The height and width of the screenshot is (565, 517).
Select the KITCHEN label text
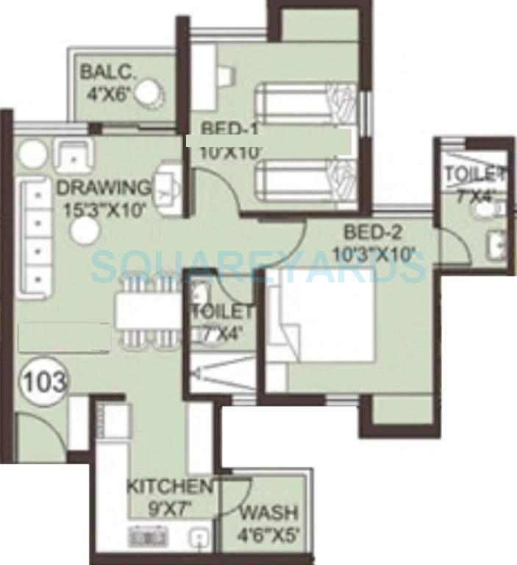click(x=169, y=486)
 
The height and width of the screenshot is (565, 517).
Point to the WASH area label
click(x=269, y=512)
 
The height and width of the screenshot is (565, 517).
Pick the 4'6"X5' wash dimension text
click(x=269, y=535)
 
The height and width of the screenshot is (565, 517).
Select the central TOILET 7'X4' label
click(x=221, y=313)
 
